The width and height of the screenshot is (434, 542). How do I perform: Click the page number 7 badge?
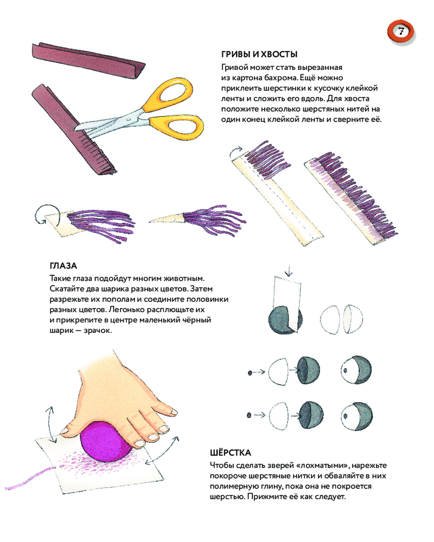pos(401,32)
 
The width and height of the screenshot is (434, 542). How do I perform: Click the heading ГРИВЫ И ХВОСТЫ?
pos(259,54)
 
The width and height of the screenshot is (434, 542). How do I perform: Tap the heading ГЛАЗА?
pos(63,266)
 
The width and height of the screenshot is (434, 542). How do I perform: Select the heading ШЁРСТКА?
pos(231,453)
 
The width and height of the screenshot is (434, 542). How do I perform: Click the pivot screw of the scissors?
pos(130,119)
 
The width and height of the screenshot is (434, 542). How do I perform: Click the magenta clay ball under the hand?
pos(106,441)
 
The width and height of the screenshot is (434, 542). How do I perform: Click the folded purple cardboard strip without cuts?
pos(88,61)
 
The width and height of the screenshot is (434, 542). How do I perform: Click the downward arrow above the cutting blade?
pos(288,270)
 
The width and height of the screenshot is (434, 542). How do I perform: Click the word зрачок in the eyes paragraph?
pos(98,331)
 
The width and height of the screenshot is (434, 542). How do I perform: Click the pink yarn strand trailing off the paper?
pos(30,478)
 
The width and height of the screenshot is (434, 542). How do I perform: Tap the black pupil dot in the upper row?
pos(250,373)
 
